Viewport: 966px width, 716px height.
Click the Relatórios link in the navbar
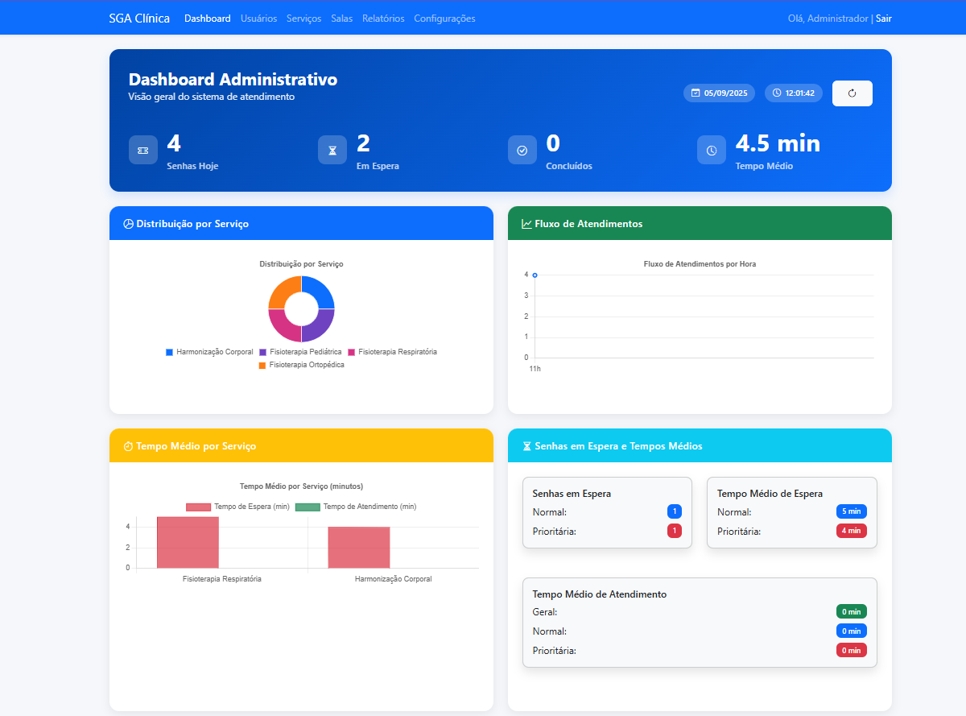pyautogui.click(x=383, y=19)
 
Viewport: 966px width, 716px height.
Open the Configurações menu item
pyautogui.click(x=444, y=19)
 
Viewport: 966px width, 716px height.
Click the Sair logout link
pyautogui.click(x=883, y=19)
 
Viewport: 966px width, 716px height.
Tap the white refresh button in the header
pyautogui.click(x=852, y=93)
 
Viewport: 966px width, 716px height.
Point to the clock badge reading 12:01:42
pyautogui.click(x=793, y=93)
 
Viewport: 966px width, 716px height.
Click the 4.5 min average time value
pyautogui.click(x=778, y=144)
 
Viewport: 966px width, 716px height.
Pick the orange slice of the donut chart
pyautogui.click(x=283, y=292)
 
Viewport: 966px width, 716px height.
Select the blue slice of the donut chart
pyautogui.click(x=320, y=292)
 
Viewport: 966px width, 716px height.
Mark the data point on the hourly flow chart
pyautogui.click(x=535, y=275)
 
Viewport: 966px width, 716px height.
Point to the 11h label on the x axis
pyautogui.click(x=535, y=369)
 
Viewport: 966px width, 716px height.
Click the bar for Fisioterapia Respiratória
pyautogui.click(x=188, y=543)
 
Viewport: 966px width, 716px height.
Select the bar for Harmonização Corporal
pyautogui.click(x=359, y=548)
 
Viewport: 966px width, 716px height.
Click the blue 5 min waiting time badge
pyautogui.click(x=851, y=511)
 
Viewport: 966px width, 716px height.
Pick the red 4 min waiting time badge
pyautogui.click(x=851, y=531)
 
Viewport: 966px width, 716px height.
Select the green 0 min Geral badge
pyautogui.click(x=851, y=611)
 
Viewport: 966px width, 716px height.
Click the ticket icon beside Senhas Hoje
pyautogui.click(x=143, y=150)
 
